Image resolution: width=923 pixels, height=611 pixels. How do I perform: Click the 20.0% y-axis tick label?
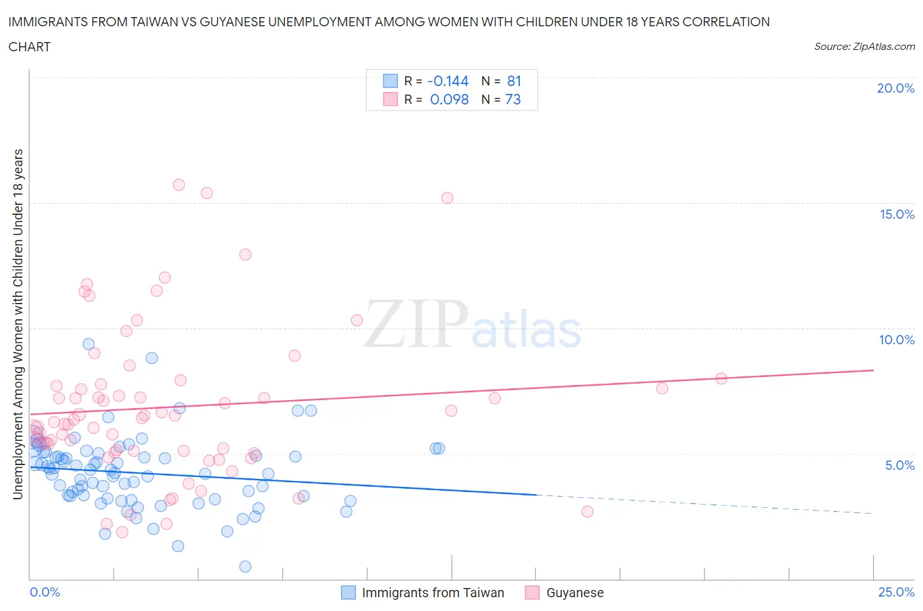[895, 88]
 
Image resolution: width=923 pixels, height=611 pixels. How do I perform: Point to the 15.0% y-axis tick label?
[897, 214]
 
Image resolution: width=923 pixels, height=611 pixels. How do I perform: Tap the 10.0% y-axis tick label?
[897, 340]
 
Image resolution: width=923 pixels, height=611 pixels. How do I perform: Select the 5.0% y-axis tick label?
[899, 465]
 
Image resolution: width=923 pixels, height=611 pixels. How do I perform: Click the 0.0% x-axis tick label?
[45, 592]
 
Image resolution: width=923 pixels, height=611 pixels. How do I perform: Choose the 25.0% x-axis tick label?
[896, 592]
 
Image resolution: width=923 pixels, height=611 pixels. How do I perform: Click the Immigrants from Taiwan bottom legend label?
[433, 593]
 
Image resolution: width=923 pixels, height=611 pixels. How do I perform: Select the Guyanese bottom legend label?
[575, 593]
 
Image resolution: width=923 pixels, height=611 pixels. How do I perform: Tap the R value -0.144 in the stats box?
[448, 81]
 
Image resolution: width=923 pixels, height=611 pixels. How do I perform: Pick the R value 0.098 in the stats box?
[449, 99]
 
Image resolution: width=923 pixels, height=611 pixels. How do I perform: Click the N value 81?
[514, 81]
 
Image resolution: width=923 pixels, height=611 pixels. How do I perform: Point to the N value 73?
[513, 99]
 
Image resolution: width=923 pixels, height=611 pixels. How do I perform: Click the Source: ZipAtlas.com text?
[864, 46]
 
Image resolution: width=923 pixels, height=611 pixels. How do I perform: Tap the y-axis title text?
[18, 324]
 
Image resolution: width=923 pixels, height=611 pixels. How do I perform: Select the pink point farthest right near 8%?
[721, 378]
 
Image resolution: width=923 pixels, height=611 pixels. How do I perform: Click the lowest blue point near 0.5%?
[245, 566]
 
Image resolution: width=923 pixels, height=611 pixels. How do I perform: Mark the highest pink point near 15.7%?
[179, 185]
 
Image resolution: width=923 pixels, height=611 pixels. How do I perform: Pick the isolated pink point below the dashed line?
[587, 511]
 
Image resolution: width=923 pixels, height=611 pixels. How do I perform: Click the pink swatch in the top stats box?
[390, 99]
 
